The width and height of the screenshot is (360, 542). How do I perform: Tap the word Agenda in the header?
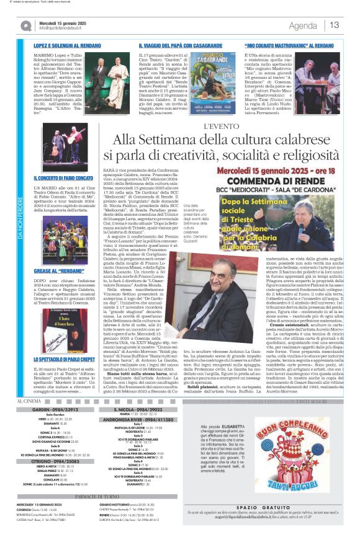point(303,25)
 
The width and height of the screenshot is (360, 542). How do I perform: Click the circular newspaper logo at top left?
point(26,25)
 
